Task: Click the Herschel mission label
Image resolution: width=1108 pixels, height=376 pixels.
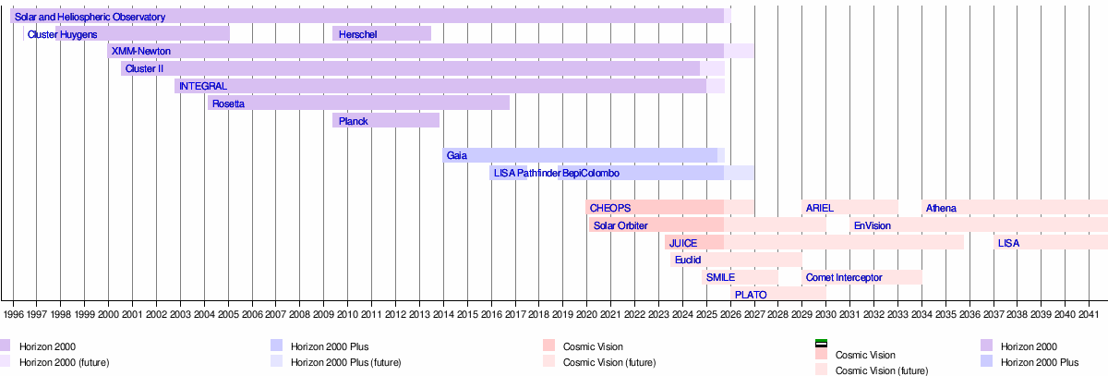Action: pyautogui.click(x=356, y=34)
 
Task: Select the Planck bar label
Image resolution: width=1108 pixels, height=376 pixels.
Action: pyautogui.click(x=354, y=121)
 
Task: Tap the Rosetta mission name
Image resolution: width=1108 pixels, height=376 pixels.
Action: pyautogui.click(x=228, y=103)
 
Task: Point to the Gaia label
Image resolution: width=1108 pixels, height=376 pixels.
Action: pyautogui.click(x=456, y=156)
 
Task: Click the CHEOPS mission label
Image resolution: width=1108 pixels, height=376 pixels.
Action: pyautogui.click(x=609, y=208)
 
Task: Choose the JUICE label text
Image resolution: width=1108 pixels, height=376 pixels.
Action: pyautogui.click(x=683, y=243)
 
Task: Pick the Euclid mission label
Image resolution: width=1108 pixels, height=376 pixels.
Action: pyautogui.click(x=688, y=260)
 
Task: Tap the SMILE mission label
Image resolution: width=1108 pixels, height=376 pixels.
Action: pyautogui.click(x=720, y=277)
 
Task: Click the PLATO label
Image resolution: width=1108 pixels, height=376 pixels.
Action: pyautogui.click(x=751, y=295)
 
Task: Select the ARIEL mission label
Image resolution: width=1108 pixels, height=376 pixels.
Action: pyautogui.click(x=819, y=208)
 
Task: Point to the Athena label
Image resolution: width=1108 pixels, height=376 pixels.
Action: pyautogui.click(x=941, y=208)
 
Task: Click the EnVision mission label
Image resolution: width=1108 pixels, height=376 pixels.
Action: pyautogui.click(x=872, y=225)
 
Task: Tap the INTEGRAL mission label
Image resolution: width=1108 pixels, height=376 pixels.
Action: pyautogui.click(x=203, y=86)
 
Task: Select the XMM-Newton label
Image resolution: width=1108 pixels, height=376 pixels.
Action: pyautogui.click(x=140, y=52)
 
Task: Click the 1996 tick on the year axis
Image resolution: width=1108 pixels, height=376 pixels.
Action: pyautogui.click(x=13, y=314)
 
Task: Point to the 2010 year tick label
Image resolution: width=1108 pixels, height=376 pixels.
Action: pyautogui.click(x=347, y=314)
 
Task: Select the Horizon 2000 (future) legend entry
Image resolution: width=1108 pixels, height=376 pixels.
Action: pyautogui.click(x=64, y=362)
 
